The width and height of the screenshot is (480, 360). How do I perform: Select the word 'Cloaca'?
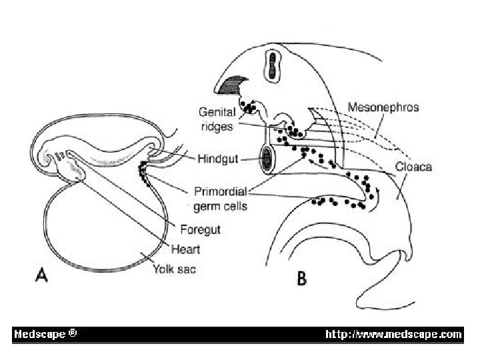point(413,167)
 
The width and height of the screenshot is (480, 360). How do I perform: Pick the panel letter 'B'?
point(301,279)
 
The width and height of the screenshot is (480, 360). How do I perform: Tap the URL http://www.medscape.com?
point(393,334)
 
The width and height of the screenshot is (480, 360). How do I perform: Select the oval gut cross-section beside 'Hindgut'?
point(267,160)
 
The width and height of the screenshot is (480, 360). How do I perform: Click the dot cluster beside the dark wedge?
point(249,105)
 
